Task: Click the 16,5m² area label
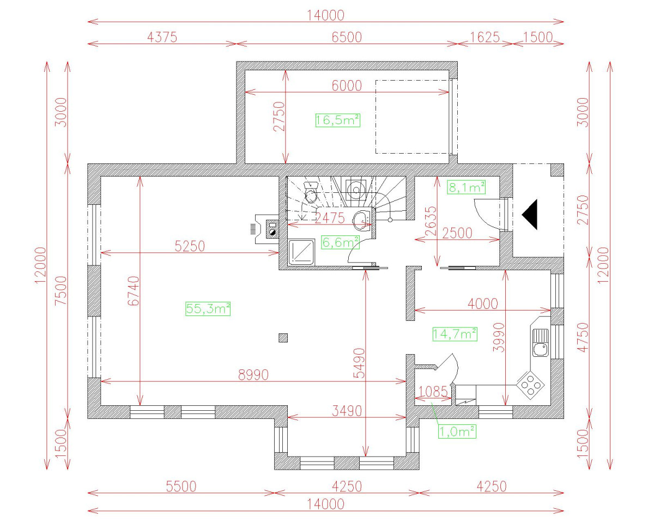[338, 120]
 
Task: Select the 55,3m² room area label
[208, 309]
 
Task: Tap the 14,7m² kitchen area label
[455, 334]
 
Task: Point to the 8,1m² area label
[467, 187]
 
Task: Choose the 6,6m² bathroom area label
[341, 242]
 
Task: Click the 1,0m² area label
[457, 431]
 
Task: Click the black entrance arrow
[530, 215]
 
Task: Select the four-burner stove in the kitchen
[531, 385]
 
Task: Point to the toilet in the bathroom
[311, 193]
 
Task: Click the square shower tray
[299, 252]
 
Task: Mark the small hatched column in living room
[283, 338]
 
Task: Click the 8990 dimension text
[250, 375]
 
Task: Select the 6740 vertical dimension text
[134, 294]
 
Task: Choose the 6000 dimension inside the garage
[347, 86]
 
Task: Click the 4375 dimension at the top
[162, 37]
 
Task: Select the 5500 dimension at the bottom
[181, 486]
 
